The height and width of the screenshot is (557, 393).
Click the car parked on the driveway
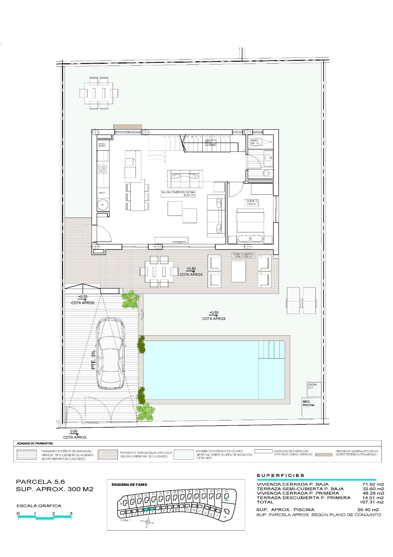[111, 354]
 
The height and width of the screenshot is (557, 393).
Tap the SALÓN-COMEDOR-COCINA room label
[178, 193]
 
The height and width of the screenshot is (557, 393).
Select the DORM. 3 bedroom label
[251, 202]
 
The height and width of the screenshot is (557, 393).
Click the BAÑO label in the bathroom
[255, 142]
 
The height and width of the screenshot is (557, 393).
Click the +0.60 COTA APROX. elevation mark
[214, 315]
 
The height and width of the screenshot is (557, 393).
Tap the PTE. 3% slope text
[93, 360]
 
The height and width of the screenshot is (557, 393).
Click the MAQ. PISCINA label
[308, 403]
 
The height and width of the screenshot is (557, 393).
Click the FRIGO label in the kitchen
[102, 193]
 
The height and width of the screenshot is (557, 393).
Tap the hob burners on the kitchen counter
[103, 169]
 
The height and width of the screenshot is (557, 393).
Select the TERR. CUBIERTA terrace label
[243, 256]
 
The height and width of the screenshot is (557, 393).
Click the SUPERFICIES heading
[280, 475]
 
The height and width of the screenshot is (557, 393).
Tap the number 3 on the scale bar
[71, 513]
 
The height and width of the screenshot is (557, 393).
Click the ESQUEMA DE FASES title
[129, 484]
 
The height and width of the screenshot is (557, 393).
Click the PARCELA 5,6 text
[41, 482]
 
